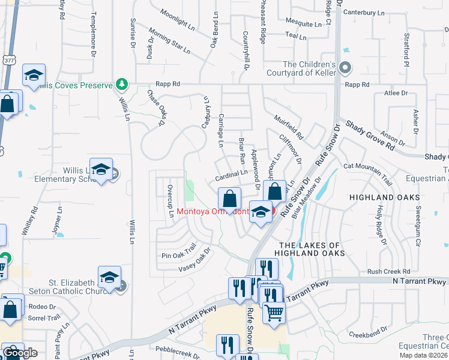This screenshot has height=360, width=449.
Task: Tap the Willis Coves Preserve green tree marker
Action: (x=122, y=84)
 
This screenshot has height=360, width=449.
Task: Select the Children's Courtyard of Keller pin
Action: (x=345, y=68)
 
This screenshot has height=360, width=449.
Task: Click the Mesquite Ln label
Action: (x=303, y=25)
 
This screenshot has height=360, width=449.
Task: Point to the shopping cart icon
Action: (x=274, y=312)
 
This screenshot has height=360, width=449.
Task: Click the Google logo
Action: (x=20, y=353)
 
